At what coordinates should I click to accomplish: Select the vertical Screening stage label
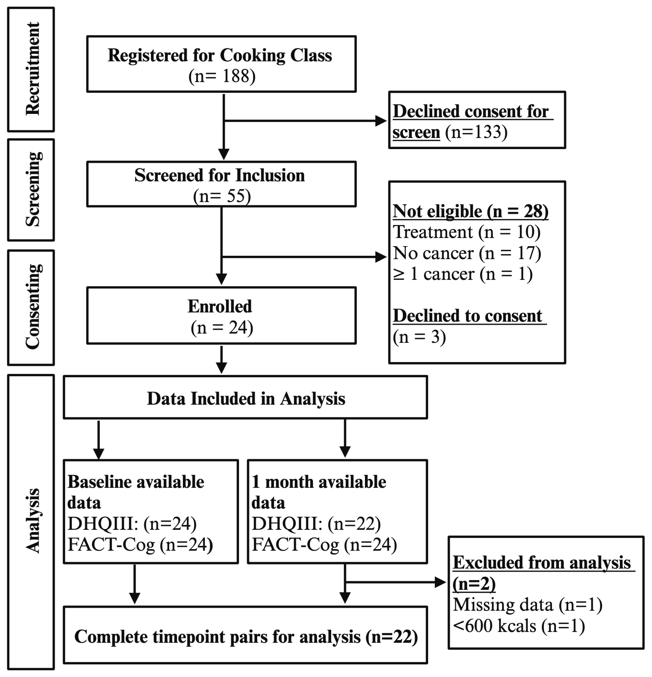(x=33, y=189)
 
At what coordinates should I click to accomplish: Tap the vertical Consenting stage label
(x=33, y=307)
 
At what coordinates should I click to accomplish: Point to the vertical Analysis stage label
(x=33, y=521)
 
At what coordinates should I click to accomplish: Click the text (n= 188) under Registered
(x=222, y=76)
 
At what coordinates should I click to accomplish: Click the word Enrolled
(x=220, y=306)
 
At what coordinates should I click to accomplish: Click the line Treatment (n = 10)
(x=466, y=232)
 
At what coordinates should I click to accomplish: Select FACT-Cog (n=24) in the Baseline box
(x=140, y=545)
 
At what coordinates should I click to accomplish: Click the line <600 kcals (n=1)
(x=518, y=626)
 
